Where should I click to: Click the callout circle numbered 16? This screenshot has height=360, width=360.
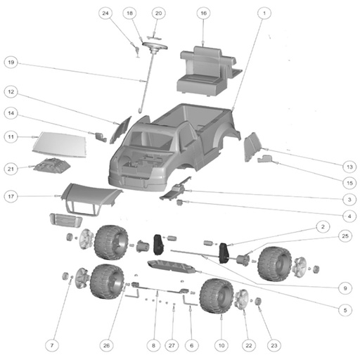coord(203,13)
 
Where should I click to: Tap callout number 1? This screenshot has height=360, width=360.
coord(264,13)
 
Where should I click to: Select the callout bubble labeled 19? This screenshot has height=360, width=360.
coord(11,63)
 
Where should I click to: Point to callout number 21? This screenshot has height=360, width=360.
coord(11,169)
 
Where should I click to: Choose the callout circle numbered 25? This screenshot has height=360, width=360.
coord(345,236)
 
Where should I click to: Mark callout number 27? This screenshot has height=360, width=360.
coord(172,345)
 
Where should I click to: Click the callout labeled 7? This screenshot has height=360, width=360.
coord(52,345)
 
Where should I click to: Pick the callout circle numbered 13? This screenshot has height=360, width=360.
coord(349,167)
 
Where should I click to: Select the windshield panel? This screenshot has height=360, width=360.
coord(60,145)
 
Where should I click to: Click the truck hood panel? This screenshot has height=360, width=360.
coord(90,198)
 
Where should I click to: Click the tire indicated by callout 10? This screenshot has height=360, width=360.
coord(217,296)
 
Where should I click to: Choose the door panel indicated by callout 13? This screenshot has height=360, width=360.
coord(252,146)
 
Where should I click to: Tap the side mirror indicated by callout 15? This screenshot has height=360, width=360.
coord(265,159)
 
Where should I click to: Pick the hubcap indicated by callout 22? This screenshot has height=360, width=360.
coord(242,300)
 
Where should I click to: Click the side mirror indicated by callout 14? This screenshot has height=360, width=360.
coord(101,137)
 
